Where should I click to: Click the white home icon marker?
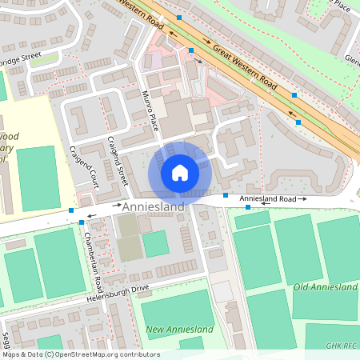point(180,172)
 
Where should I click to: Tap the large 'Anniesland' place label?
point(154,206)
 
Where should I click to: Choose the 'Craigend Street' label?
point(118,161)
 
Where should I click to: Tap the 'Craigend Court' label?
point(84,164)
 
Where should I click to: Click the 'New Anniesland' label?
point(179,330)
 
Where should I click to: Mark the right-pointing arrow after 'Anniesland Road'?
point(302,198)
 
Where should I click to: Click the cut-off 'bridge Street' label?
point(20,58)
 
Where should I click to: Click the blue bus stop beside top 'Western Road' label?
point(180,17)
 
